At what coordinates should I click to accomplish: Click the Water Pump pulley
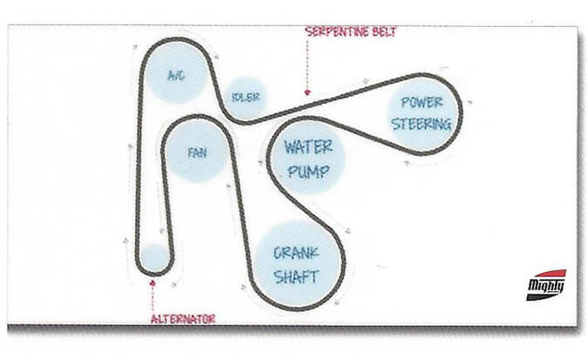click(307, 158)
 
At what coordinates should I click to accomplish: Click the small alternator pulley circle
click(154, 257)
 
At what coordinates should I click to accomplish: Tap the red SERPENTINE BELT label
click(351, 32)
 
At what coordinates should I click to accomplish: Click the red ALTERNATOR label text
click(184, 319)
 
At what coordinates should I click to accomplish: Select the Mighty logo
click(547, 285)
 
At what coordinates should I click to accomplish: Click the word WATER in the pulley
click(307, 146)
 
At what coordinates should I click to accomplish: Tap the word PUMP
click(307, 172)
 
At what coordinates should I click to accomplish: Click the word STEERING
click(421, 124)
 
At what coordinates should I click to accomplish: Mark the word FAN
click(197, 152)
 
